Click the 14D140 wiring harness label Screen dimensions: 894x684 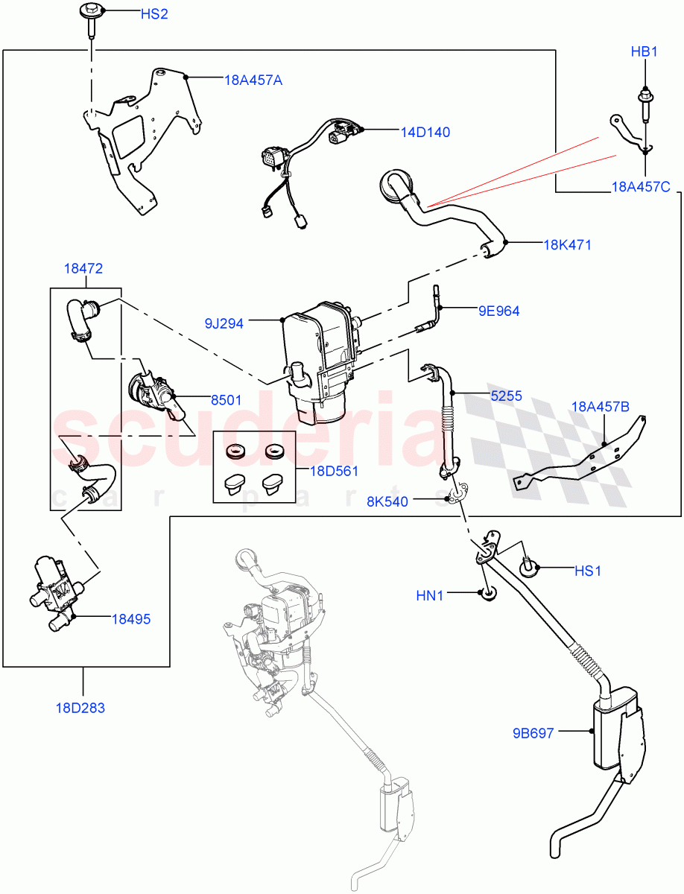pos(425,132)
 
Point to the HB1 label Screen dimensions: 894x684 pos(645,52)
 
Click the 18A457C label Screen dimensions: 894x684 pos(640,187)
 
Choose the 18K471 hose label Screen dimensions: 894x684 pos(567,244)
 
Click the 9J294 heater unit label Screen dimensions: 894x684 pos(225,323)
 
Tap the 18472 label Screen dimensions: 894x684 pos(83,268)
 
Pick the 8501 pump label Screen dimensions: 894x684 pos(224,399)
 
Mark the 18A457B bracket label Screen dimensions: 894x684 pos(601,407)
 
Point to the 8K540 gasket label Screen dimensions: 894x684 pos(387,501)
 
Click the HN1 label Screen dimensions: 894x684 pos(429,595)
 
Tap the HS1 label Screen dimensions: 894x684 pos(587,571)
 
